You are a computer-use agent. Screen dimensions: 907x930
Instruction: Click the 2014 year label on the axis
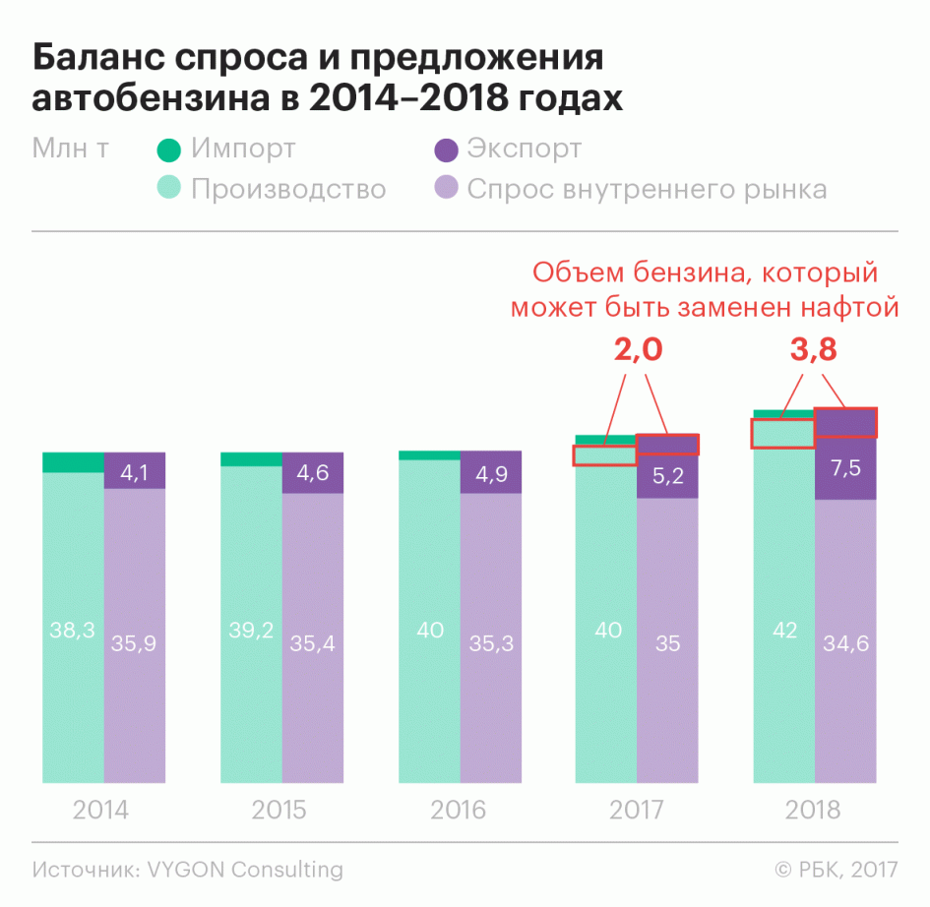point(100,811)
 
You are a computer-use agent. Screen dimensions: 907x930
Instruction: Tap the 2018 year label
point(813,811)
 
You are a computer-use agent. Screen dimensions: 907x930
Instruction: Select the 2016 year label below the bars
point(458,811)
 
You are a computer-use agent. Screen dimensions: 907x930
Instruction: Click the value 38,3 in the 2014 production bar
point(72,631)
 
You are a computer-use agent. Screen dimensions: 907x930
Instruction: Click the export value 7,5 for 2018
point(845,468)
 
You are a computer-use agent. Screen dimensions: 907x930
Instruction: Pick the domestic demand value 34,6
point(845,645)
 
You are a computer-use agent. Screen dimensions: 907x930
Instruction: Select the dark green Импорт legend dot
point(169,151)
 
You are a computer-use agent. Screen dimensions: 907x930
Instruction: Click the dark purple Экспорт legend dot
point(446,151)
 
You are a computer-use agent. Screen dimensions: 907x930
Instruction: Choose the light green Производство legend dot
point(169,188)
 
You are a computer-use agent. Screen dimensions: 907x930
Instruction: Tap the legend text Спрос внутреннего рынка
point(647,188)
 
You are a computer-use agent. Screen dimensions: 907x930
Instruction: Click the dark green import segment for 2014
point(74,462)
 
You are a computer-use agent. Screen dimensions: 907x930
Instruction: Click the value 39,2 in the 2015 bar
point(251,631)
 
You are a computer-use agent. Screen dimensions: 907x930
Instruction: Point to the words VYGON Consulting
point(245,870)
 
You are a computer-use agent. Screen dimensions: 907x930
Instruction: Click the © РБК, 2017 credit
point(836,870)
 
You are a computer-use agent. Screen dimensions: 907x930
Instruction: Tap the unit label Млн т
point(70,150)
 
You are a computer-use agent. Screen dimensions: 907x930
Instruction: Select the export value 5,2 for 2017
point(667,476)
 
